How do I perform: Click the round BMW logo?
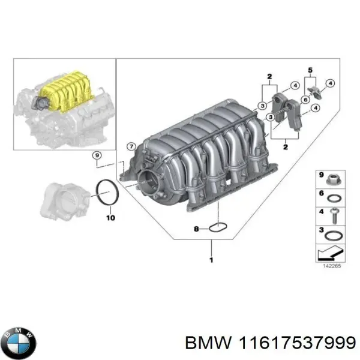pos(19,342)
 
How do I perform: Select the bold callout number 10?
pos(110,218)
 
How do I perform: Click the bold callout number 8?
pos(196,229)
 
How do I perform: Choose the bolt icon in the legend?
pos(334,213)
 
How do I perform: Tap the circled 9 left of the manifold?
pos(97,156)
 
